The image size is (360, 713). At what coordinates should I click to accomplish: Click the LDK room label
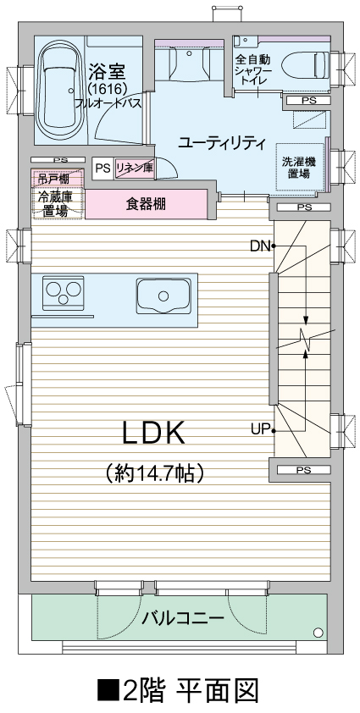pyautogui.click(x=154, y=433)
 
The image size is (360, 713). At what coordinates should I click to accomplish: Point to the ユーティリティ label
pyautogui.click(x=222, y=143)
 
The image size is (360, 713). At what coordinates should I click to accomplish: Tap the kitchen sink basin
pyautogui.click(x=163, y=296)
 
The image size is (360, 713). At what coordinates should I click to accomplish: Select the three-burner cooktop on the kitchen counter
pyautogui.click(x=63, y=292)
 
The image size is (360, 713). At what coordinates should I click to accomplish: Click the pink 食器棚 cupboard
pyautogui.click(x=146, y=204)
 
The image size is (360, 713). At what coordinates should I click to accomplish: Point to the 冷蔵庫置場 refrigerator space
pyautogui.click(x=58, y=203)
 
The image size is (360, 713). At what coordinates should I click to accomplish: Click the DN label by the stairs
pyautogui.click(x=260, y=246)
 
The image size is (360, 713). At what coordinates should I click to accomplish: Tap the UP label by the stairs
pyautogui.click(x=261, y=429)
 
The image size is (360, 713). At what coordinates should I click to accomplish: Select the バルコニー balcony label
pyautogui.click(x=182, y=618)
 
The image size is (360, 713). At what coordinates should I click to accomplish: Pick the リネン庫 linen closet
pyautogui.click(x=135, y=168)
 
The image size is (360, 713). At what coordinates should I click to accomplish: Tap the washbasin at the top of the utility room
pyautogui.click(x=190, y=63)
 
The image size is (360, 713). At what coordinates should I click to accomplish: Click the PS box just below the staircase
pyautogui.click(x=304, y=470)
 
